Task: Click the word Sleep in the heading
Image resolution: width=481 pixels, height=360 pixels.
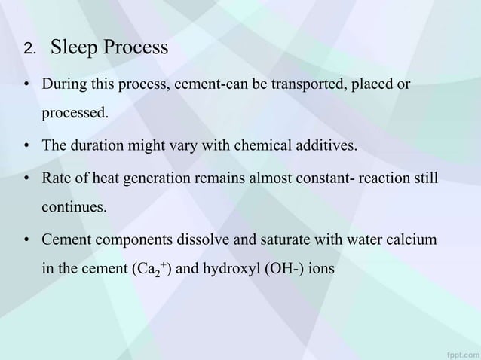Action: click(74, 48)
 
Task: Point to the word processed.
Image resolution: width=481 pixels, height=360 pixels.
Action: click(73, 115)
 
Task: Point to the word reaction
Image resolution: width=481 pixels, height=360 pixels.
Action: click(372, 178)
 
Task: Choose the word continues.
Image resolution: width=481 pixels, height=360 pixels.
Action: click(73, 209)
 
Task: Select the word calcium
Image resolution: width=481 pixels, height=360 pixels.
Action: click(412, 240)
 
